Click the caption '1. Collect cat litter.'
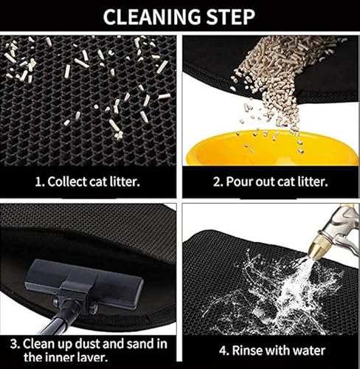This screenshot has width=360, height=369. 88,181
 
